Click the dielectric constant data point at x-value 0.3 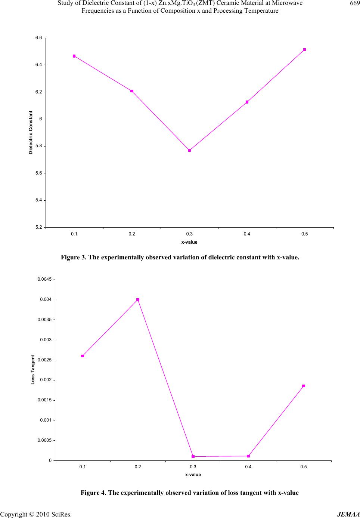click(x=189, y=150)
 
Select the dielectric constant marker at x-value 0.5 click(x=304, y=49)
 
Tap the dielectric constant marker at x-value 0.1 click(x=74, y=56)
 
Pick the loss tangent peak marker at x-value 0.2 click(x=138, y=299)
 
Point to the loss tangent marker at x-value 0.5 click(x=304, y=386)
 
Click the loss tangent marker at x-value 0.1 click(x=83, y=356)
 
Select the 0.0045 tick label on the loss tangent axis click(x=45, y=280)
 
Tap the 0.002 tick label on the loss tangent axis click(x=46, y=380)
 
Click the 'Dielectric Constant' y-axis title click(x=31, y=132)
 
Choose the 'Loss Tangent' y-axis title click(x=33, y=370)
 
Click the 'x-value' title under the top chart click(x=189, y=242)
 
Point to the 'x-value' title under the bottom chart click(x=193, y=475)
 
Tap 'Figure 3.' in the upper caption click(x=74, y=258)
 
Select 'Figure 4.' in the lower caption click(x=93, y=493)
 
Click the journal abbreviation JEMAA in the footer click(x=348, y=514)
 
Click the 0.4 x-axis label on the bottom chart click(x=248, y=467)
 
